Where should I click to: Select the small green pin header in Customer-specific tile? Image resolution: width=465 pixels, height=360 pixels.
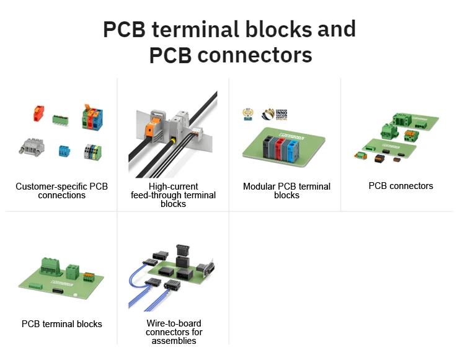[x=60, y=118]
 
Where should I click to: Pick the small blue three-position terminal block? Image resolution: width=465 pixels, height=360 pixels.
[x=63, y=151]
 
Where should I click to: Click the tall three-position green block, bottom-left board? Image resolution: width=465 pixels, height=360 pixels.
[x=49, y=266]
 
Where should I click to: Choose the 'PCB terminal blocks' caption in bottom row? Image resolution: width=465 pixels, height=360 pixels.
[x=61, y=324]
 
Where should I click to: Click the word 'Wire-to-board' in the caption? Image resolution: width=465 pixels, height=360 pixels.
[x=174, y=323]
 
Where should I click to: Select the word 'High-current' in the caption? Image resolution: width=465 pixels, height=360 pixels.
[x=174, y=187]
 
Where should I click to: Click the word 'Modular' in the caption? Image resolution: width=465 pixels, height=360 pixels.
[x=260, y=187]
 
